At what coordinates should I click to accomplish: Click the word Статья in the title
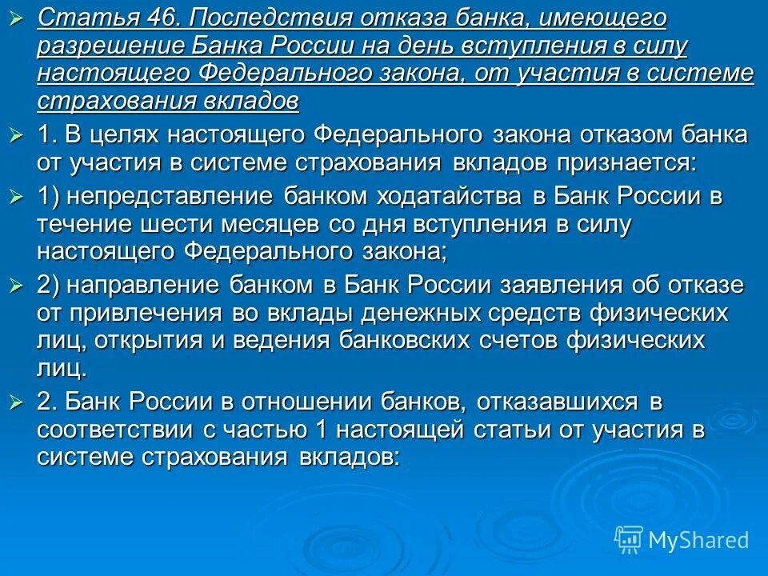pyautogui.click(x=76, y=17)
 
